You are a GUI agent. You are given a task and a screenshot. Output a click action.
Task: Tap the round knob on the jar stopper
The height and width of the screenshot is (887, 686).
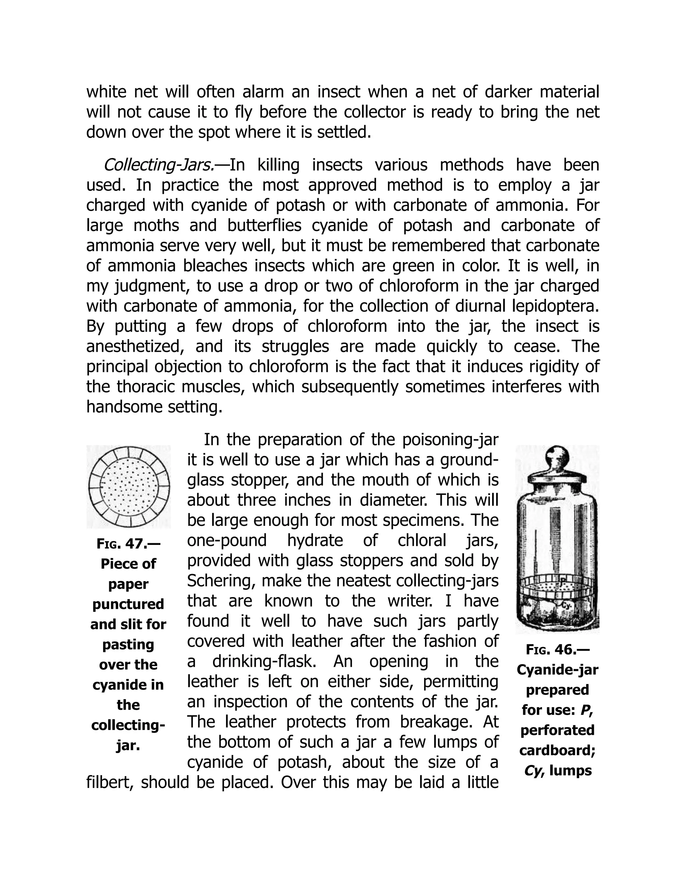tap(557, 455)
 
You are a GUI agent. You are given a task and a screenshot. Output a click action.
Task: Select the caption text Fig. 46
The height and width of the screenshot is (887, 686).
tap(557, 649)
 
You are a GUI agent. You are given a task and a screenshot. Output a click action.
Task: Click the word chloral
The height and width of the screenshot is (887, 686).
tap(421, 541)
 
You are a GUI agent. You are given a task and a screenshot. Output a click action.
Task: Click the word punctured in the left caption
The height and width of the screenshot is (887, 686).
tap(128, 604)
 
